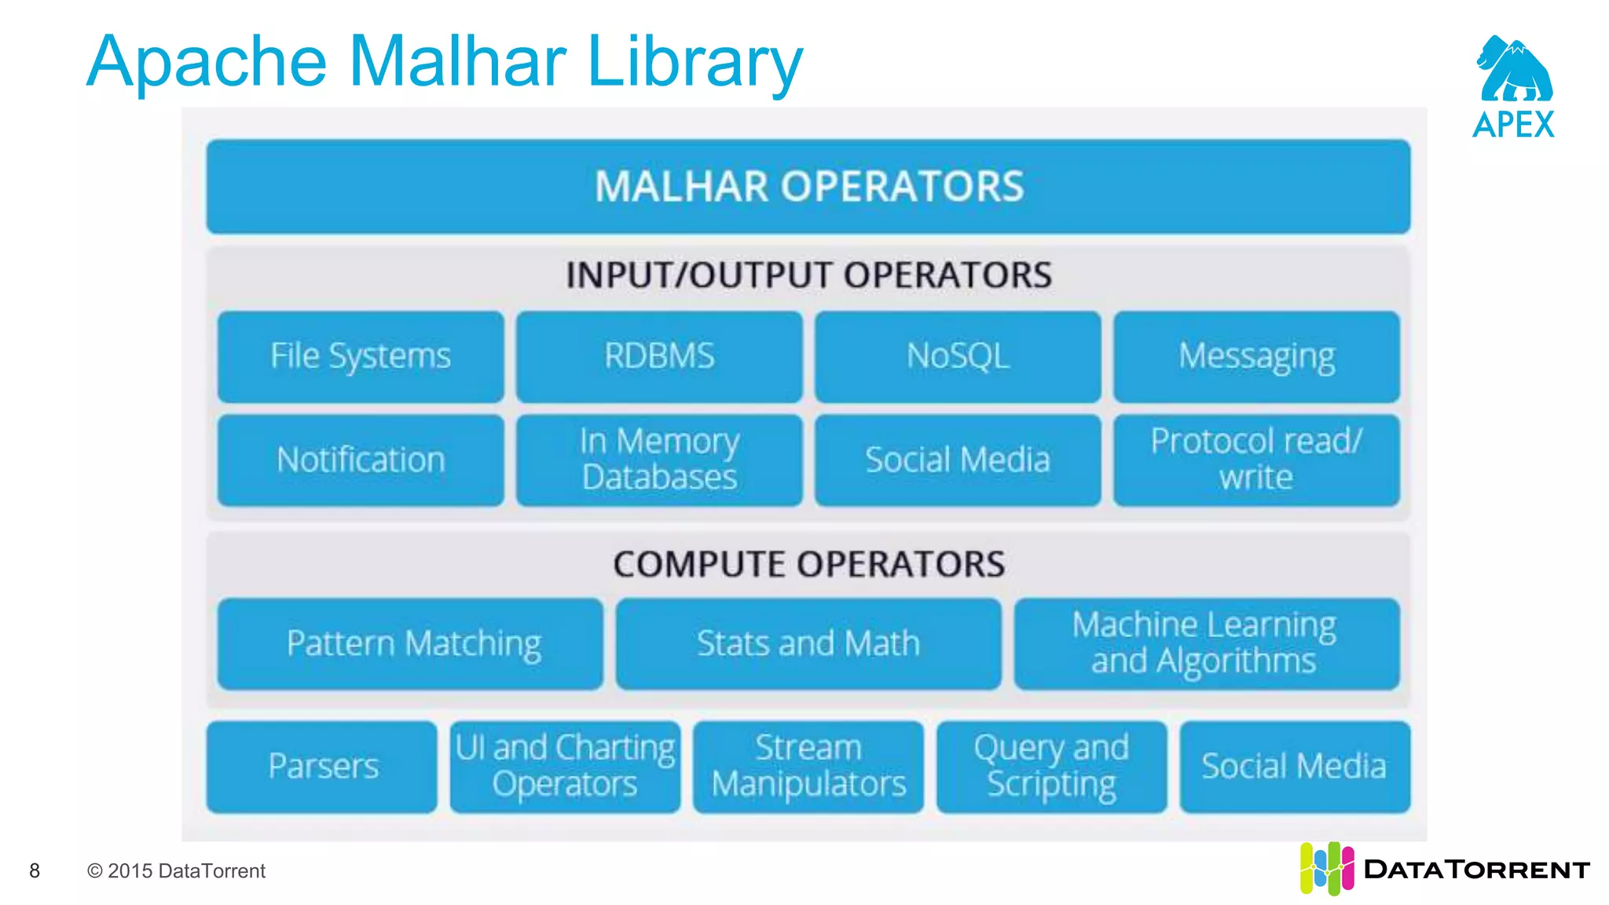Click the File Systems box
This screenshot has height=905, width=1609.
point(361,357)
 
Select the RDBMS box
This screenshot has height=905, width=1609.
point(659,357)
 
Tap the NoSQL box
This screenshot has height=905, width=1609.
point(958,357)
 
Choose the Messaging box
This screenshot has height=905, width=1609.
point(1256,357)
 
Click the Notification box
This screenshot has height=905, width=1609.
point(361,460)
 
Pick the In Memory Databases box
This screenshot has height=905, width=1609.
point(659,460)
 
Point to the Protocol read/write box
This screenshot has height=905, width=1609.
point(1256,460)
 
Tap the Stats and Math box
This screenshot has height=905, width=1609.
point(808,644)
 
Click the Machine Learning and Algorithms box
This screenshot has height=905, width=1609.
point(1206,644)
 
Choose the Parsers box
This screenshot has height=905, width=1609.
point(322,767)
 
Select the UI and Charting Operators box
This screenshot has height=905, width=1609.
point(565,767)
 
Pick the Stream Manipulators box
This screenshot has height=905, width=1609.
point(808,767)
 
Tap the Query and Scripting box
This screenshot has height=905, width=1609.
point(1051,767)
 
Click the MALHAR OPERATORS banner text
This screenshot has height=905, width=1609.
point(808,187)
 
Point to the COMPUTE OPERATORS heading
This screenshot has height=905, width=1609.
point(808,564)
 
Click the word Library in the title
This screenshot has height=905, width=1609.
point(695,63)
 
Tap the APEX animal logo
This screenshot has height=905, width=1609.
point(1514,71)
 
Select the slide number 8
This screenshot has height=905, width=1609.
point(35,870)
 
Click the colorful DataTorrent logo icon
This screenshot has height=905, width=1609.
point(1326,868)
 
